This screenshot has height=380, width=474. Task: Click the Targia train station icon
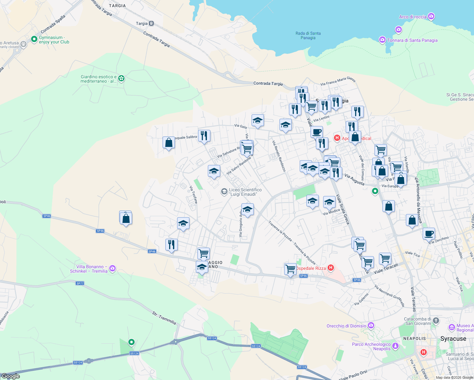[151, 23]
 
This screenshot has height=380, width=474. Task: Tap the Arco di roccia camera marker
[431, 16]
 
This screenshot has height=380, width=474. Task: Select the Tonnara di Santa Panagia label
[412, 40]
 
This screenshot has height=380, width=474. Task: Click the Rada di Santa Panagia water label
[308, 35]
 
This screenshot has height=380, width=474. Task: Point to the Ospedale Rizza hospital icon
[331, 268]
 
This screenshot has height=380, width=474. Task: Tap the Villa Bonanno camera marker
[112, 269]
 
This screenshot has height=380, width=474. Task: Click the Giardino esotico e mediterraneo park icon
[121, 78]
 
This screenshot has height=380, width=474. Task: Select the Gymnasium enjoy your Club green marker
[34, 39]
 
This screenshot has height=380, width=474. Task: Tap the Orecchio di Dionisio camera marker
[371, 326]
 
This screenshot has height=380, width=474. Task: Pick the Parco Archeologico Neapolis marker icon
[395, 346]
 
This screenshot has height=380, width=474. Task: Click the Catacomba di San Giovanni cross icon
[436, 321]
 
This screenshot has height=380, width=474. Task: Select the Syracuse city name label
[453, 339]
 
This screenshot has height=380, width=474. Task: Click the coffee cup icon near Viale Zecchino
[429, 234]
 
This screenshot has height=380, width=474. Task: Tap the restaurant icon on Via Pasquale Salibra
[204, 136]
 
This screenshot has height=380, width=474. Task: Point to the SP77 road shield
[80, 283]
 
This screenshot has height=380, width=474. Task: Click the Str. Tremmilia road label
[164, 318]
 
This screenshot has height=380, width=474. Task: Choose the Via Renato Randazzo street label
[279, 156]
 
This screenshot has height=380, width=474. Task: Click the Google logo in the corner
[10, 376]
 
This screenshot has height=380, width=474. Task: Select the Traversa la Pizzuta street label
[280, 231]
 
